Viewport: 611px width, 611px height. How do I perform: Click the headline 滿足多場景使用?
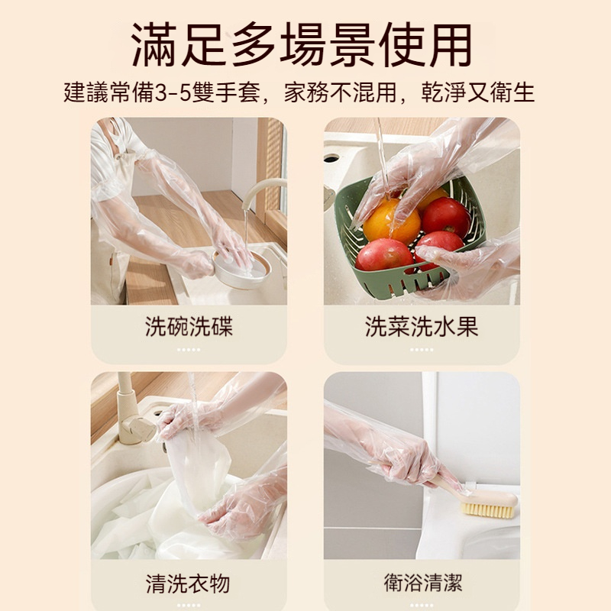(x=302, y=45)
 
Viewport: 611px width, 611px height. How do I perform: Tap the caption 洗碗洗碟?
(x=189, y=326)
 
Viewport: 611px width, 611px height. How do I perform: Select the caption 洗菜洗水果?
(x=422, y=326)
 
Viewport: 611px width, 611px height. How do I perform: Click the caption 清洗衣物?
(x=188, y=584)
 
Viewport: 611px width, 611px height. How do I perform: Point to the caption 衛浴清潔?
(x=423, y=583)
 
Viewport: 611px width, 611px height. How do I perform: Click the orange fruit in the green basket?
(x=391, y=221)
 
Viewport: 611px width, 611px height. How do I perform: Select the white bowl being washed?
(x=241, y=270)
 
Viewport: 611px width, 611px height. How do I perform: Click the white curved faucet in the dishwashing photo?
(x=257, y=191)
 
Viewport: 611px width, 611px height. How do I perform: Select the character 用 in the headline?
(x=449, y=45)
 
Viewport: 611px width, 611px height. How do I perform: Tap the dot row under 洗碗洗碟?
(x=189, y=350)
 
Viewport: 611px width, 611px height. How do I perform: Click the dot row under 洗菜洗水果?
(x=422, y=350)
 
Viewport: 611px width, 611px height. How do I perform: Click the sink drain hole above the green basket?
(x=331, y=159)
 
